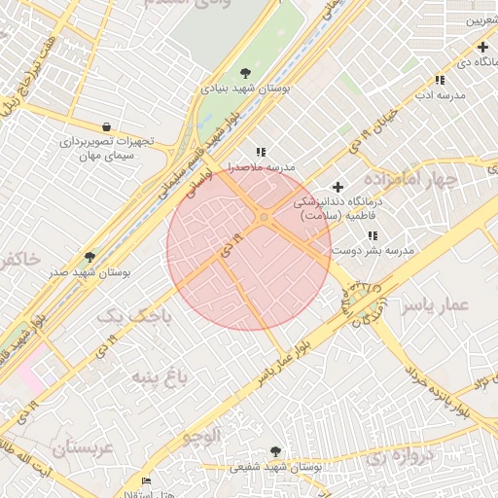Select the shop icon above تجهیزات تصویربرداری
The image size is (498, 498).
pyautogui.click(x=106, y=126)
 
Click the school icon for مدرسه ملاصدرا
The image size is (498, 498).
pyautogui.click(x=260, y=152)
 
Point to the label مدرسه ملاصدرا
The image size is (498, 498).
pyautogui.click(x=260, y=167)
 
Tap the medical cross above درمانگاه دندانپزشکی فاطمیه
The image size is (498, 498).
pyautogui.click(x=338, y=186)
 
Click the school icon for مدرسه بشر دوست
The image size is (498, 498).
pyautogui.click(x=372, y=235)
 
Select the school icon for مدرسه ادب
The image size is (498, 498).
pyautogui.click(x=440, y=80)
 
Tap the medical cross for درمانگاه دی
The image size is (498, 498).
pyautogui.click(x=482, y=47)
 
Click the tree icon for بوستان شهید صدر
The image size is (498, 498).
pyautogui.click(x=90, y=257)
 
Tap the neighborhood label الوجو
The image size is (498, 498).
pyautogui.click(x=201, y=434)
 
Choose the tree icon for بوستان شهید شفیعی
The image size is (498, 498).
pyautogui.click(x=275, y=451)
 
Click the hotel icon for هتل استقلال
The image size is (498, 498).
pyautogui.click(x=147, y=480)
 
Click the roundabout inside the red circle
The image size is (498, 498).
pyautogui.click(x=264, y=217)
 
